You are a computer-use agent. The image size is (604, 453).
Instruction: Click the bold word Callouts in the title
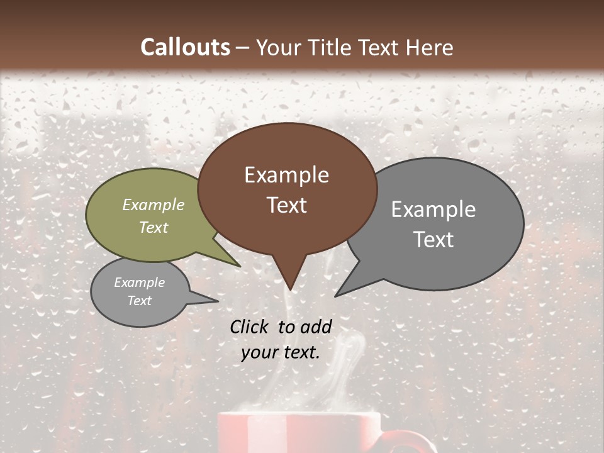pos(185,47)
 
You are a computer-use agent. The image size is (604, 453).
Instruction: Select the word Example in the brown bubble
pos(286,175)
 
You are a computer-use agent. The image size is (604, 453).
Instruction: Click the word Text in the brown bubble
pos(286,205)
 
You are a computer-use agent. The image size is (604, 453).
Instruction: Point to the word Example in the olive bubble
pos(154,204)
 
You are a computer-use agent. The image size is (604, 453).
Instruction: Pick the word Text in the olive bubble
pos(154,227)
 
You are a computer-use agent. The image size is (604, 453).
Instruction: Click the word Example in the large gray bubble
pos(433,210)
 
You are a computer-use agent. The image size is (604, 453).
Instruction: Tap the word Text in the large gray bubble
pos(433,240)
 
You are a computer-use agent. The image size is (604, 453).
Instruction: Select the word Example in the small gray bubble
pos(139,282)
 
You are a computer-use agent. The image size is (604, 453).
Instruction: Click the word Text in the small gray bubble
pos(139,301)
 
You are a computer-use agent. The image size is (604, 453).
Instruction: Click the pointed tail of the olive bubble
pos(239,266)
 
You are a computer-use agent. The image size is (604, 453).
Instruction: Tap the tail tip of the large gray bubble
pos(336,296)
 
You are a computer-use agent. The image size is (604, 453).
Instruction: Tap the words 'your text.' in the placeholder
pos(281,352)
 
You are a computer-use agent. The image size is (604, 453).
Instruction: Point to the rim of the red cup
pos(299,414)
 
